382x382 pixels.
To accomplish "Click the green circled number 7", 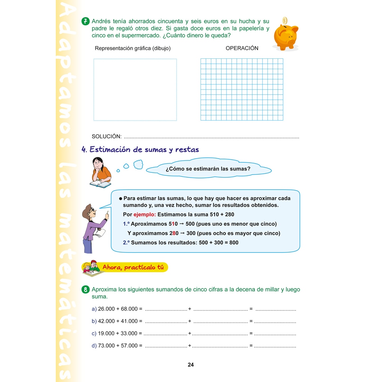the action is pyautogui.click(x=86, y=21).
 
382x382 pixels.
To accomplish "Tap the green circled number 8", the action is pyautogui.click(x=86, y=290).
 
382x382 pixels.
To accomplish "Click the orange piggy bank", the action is pyautogui.click(x=285, y=36).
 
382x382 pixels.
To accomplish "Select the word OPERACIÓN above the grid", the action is pyautogui.click(x=242, y=48).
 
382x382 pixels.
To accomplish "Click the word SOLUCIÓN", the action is pyautogui.click(x=107, y=136).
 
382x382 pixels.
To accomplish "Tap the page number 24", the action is pyautogui.click(x=191, y=365).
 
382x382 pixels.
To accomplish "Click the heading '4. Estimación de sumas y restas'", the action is pyautogui.click(x=141, y=150).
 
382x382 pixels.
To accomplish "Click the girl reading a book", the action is pyautogui.click(x=100, y=173).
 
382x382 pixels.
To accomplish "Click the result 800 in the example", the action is pyautogui.click(x=234, y=243).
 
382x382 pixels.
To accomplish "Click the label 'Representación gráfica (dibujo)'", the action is pyautogui.click(x=133, y=48).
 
